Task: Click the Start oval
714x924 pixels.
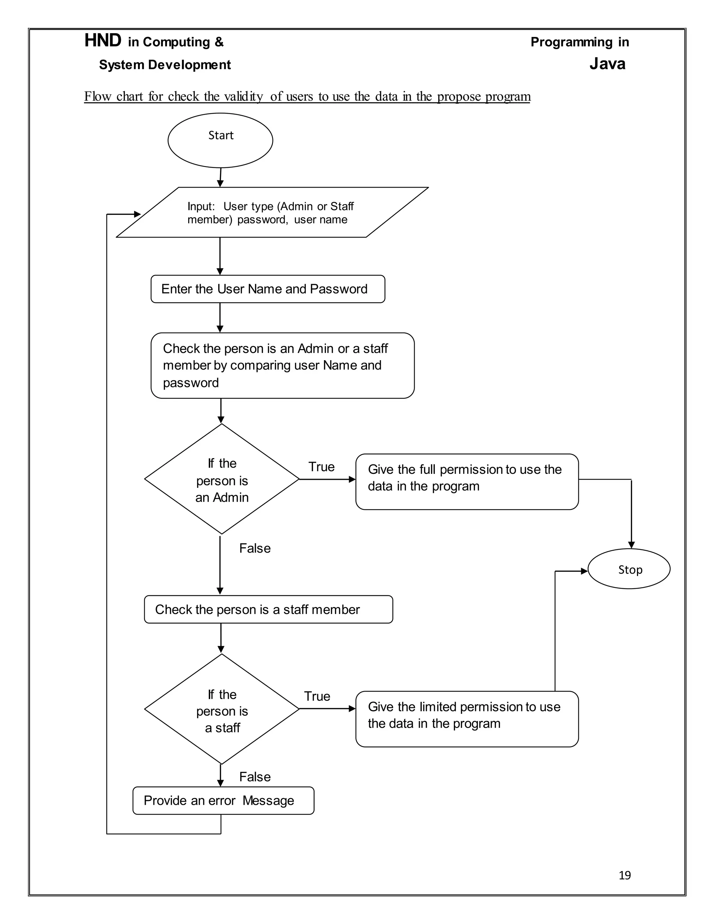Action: tap(220, 140)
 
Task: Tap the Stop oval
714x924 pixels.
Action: tap(629, 569)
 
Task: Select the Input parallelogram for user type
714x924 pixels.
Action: tap(272, 212)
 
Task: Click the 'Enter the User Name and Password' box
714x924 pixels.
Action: tap(267, 289)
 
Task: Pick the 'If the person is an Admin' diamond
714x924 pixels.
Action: tap(222, 479)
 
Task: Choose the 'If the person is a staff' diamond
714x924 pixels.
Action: tap(222, 710)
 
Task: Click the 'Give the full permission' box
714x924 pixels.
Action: tap(466, 482)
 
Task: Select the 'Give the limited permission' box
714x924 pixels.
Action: tap(466, 719)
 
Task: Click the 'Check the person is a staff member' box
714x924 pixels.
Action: tap(268, 609)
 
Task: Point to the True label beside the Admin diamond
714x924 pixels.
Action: tap(321, 467)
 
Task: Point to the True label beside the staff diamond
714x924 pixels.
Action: tap(317, 696)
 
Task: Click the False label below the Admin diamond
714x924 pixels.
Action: tap(255, 548)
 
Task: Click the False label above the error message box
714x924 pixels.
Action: tap(255, 777)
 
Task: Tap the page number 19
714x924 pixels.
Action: tap(624, 875)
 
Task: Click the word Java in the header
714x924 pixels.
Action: tap(607, 64)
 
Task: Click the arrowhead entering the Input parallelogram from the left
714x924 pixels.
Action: tap(137, 214)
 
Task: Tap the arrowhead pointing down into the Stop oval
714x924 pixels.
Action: tap(631, 545)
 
